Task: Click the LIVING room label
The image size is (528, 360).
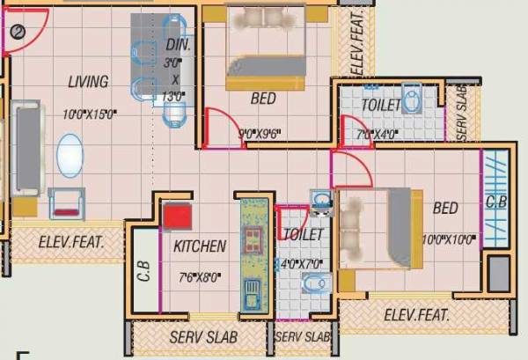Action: coord(89,82)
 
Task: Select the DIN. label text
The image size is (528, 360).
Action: coord(178,45)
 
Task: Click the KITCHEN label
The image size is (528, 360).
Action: coord(200,246)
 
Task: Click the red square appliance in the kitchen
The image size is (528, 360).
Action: coord(177,216)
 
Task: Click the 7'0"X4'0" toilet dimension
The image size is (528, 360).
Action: coord(378,136)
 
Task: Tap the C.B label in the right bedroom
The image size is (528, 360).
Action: coord(495,202)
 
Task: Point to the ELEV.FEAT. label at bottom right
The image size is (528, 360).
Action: coord(416,314)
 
